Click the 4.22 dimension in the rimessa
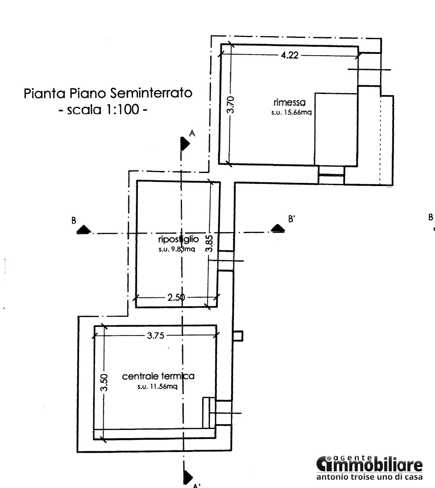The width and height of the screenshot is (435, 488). (290, 55)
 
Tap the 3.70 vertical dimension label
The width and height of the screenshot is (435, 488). (231, 105)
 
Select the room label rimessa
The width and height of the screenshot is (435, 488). (290, 102)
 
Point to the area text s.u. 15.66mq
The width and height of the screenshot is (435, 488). (291, 112)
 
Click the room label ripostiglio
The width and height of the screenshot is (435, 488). (179, 239)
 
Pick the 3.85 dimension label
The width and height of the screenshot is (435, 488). (209, 244)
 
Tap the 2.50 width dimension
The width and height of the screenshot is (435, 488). (176, 298)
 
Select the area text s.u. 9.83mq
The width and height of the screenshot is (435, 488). (177, 249)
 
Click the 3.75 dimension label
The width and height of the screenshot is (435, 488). (156, 336)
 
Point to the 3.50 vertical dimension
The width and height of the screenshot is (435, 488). (104, 383)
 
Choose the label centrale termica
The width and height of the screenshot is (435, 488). (158, 376)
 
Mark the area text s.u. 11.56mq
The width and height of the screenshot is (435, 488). (158, 387)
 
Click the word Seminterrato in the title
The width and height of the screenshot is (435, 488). (151, 93)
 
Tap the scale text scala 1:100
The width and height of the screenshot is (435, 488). (103, 110)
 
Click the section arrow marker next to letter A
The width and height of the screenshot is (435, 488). (185, 144)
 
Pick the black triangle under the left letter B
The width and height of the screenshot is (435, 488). (84, 229)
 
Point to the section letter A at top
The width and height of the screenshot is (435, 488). (192, 133)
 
